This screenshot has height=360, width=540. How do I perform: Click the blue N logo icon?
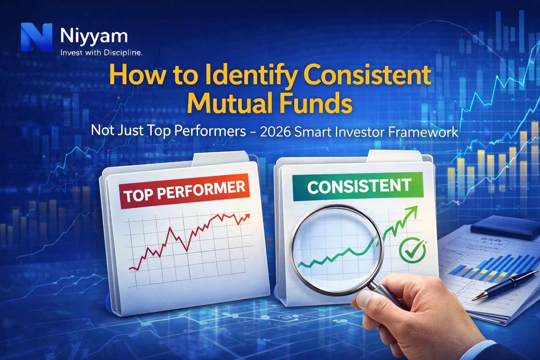pos(36,37)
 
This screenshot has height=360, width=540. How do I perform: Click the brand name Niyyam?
pos(94,36)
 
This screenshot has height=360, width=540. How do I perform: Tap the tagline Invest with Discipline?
pos(101,53)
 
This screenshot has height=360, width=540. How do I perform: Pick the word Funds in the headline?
pos(316,103)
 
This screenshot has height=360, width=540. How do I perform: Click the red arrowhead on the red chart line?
pos(247,217)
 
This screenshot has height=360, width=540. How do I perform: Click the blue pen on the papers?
pos(506,285)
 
